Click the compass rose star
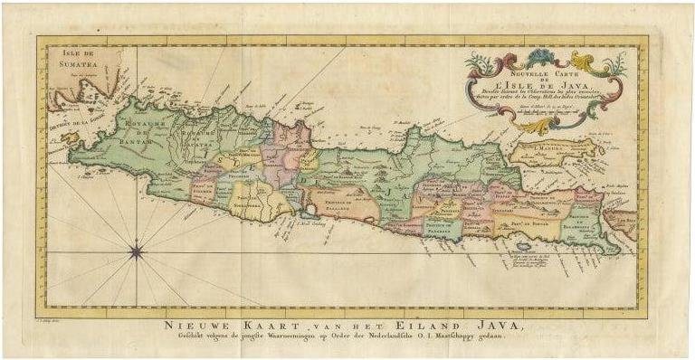click(136, 252)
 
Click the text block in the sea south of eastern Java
click(541, 261)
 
